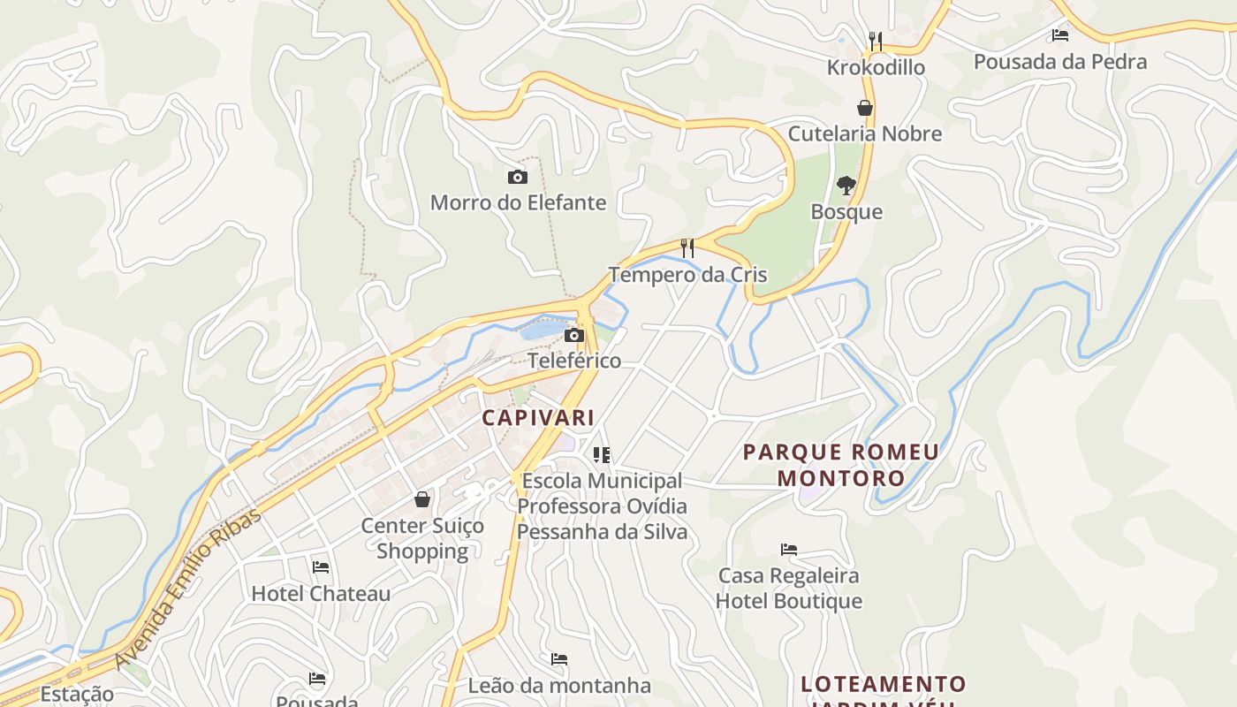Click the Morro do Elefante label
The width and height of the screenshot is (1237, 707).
tap(518, 202)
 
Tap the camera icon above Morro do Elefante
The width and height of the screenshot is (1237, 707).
tap(518, 178)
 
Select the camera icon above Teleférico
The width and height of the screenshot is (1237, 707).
tap(574, 336)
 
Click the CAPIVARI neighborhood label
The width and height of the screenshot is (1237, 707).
tap(538, 417)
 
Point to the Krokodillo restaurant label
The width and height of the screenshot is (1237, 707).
tap(876, 67)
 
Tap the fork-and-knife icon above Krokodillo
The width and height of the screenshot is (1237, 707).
tap(876, 41)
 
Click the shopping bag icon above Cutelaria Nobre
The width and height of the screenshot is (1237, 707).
tap(865, 108)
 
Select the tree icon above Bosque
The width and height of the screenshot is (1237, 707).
tap(846, 186)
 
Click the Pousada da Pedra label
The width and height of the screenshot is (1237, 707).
tap(1060, 61)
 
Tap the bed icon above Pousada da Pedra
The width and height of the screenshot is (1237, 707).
tap(1060, 35)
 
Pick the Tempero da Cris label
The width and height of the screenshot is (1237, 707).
tap(687, 274)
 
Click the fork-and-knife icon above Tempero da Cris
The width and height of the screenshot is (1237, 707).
tap(687, 247)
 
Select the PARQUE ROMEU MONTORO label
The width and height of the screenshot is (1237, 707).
tap(840, 465)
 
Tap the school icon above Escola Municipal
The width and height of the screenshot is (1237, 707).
tap(602, 455)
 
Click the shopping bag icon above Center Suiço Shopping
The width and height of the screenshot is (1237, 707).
tap(422, 499)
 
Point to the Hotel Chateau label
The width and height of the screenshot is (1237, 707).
tap(321, 593)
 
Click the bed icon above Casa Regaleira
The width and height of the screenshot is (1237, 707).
tap(789, 550)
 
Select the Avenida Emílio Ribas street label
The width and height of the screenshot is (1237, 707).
tap(188, 589)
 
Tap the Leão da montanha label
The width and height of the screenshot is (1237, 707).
tap(559, 685)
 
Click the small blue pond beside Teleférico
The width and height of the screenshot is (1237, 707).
tap(541, 331)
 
